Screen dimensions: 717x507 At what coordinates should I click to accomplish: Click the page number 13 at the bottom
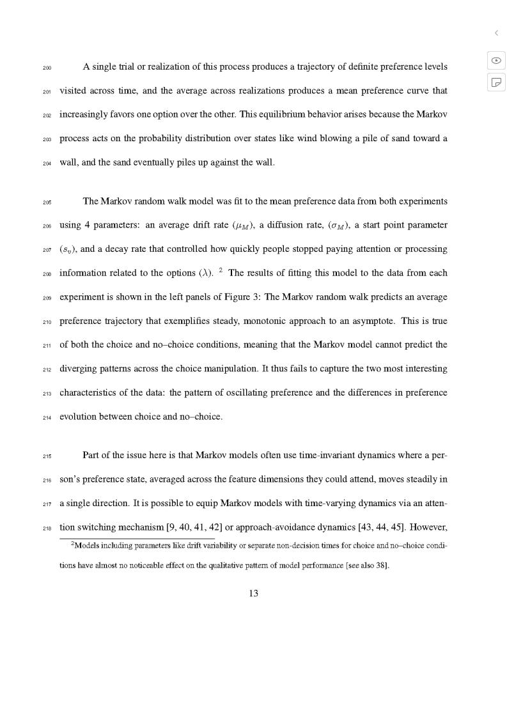pos(253,594)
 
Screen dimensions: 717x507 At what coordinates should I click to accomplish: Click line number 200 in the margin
pos(47,68)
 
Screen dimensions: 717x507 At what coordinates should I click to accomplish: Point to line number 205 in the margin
pos(47,202)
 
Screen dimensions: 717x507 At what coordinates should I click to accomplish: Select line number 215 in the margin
pos(47,457)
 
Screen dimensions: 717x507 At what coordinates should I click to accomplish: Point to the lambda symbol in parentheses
pos(205,274)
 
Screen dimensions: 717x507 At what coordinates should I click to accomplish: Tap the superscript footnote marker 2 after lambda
pos(220,270)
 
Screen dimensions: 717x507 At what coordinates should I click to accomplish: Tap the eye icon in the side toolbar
pos(496,60)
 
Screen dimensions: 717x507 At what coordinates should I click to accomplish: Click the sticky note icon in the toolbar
pos(496,82)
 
